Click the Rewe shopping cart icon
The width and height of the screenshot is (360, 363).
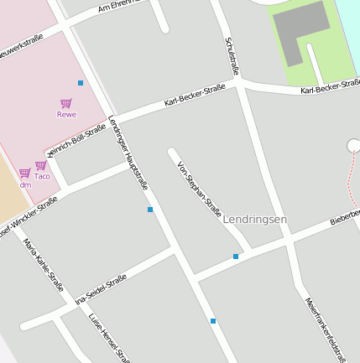(x=65, y=103)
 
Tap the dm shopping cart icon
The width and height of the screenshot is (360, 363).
(x=25, y=173)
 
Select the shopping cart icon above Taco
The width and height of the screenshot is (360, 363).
(x=40, y=165)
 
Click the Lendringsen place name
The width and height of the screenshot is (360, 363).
(x=256, y=219)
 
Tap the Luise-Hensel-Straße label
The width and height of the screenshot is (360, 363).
(x=109, y=339)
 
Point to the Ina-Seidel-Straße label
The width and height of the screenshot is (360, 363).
(x=101, y=289)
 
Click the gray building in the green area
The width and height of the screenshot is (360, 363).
(x=300, y=31)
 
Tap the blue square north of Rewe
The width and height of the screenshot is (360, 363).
(x=81, y=82)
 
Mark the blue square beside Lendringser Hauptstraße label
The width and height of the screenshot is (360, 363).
(x=150, y=209)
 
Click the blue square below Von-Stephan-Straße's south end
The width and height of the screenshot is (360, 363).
(x=236, y=257)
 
